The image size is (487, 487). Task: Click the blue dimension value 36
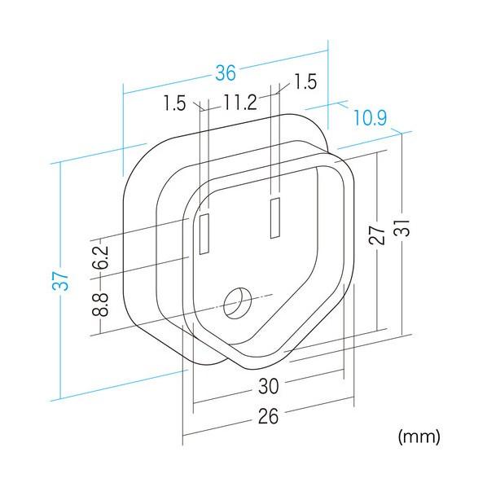click(226, 73)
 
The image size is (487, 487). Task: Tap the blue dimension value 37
click(60, 281)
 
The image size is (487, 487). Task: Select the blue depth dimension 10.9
click(371, 118)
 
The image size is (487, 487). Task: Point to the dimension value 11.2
click(239, 102)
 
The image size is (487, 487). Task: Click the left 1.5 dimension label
click(174, 103)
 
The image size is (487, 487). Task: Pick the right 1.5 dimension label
click(305, 82)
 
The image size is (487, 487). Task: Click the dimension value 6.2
click(100, 257)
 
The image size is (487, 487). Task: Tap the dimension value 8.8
click(100, 305)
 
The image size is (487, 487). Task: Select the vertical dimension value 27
click(378, 235)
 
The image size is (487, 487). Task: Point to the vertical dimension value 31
click(403, 228)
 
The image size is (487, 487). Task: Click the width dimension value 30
click(269, 386)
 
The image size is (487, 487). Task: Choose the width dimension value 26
click(269, 416)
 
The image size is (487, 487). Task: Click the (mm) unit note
click(419, 437)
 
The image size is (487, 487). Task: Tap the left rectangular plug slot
click(204, 235)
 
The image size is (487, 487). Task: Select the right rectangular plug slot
click(275, 218)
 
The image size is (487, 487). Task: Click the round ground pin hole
click(238, 303)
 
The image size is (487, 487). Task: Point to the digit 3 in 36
click(221, 73)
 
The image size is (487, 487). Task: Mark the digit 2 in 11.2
click(252, 102)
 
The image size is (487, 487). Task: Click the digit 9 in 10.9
click(382, 118)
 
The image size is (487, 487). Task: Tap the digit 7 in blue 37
click(60, 276)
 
